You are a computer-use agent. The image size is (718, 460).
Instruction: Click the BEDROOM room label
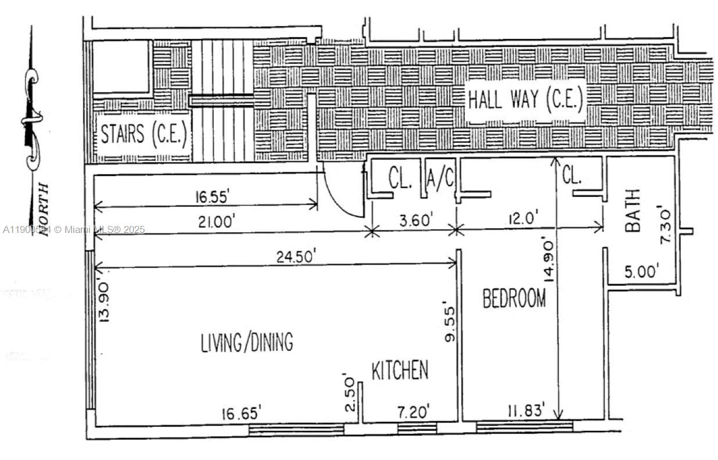[x=514, y=298]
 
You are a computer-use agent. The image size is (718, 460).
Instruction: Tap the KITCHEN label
[x=400, y=370]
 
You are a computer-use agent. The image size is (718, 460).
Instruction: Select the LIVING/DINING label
[x=247, y=342]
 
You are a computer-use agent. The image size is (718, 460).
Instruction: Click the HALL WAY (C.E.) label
[x=525, y=100]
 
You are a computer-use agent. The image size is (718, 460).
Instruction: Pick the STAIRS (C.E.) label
[x=143, y=135]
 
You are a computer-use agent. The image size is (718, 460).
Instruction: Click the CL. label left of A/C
[x=400, y=179]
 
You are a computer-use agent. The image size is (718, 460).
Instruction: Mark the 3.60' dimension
[x=416, y=221]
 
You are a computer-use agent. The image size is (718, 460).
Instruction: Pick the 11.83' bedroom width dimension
[x=525, y=411]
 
